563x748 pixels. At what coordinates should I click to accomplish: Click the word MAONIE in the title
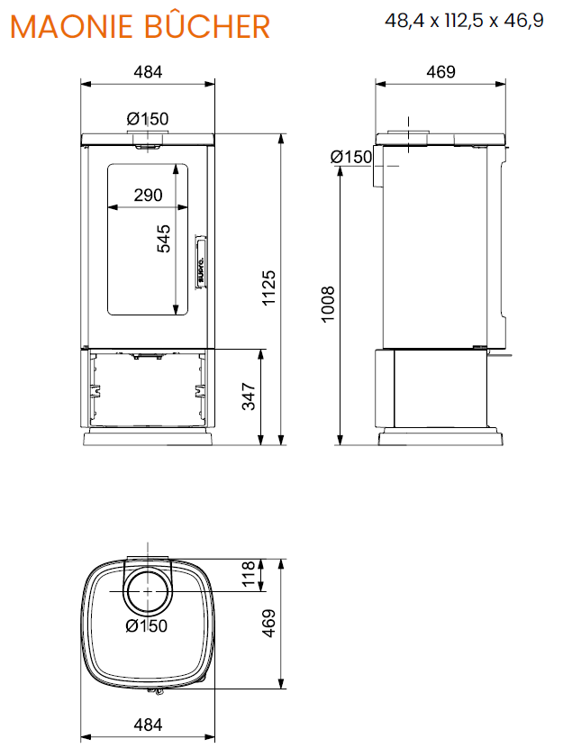click(x=71, y=27)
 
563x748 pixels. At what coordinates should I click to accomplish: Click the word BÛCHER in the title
click(x=207, y=25)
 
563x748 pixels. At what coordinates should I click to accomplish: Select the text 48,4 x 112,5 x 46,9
click(x=464, y=21)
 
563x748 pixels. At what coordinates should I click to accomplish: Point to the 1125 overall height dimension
click(x=268, y=287)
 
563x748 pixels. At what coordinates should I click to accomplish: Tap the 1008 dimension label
click(x=328, y=305)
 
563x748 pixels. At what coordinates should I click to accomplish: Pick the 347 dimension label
click(x=249, y=396)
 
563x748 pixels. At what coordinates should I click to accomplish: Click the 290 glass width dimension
click(x=148, y=195)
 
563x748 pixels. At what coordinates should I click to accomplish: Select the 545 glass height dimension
click(x=164, y=239)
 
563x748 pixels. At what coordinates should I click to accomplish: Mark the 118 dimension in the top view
click(x=249, y=574)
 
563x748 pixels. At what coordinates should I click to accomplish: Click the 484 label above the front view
click(x=148, y=72)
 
